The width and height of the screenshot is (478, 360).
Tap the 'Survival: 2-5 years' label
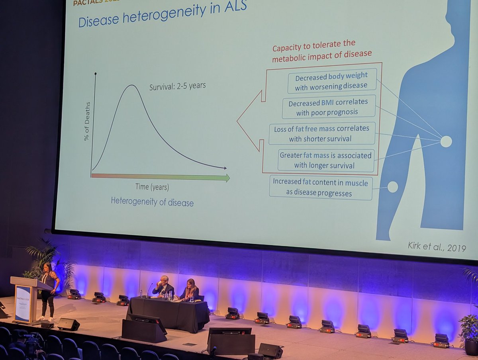(x=177, y=86)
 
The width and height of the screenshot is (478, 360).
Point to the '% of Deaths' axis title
(x=88, y=121)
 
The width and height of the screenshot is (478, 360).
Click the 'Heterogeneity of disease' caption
(x=152, y=202)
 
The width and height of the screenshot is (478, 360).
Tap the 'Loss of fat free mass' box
(x=322, y=133)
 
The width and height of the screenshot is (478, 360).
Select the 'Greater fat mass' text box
(x=326, y=160)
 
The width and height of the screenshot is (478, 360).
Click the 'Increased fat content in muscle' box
(x=321, y=187)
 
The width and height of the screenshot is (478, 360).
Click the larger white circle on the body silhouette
(x=446, y=141)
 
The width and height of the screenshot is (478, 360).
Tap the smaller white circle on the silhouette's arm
(x=392, y=187)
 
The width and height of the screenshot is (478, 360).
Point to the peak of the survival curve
(x=131, y=85)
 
